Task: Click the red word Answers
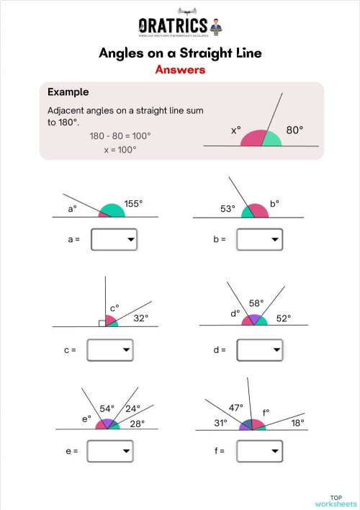(180, 70)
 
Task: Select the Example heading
(68, 92)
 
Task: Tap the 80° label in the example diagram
(295, 130)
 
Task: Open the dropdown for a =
(114, 240)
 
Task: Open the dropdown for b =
(259, 240)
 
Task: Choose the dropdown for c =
(110, 350)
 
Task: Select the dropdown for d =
(259, 350)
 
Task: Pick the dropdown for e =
(110, 451)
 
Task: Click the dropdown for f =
(259, 451)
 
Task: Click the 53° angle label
(228, 209)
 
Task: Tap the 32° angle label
(141, 317)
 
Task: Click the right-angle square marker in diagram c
(103, 323)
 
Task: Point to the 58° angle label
(256, 303)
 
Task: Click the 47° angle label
(235, 408)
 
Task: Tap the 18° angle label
(297, 423)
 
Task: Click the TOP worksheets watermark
(336, 500)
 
